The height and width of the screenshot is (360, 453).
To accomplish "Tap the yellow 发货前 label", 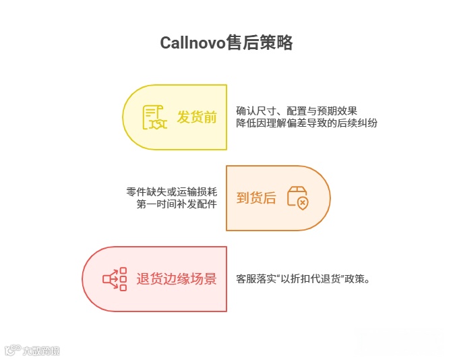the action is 197,117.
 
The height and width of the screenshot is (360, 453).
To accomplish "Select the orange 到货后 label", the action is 256,198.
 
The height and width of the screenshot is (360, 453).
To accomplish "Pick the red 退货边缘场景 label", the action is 177,278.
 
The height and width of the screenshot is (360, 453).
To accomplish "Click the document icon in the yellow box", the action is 155,118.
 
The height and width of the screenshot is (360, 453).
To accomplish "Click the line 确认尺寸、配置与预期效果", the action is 301,111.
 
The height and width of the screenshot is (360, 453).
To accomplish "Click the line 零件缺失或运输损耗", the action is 171,191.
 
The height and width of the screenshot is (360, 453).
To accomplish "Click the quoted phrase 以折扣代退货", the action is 312,278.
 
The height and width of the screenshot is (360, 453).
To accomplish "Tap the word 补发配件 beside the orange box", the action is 197,204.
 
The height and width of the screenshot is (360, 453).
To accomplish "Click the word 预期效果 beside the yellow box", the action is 346,111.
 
